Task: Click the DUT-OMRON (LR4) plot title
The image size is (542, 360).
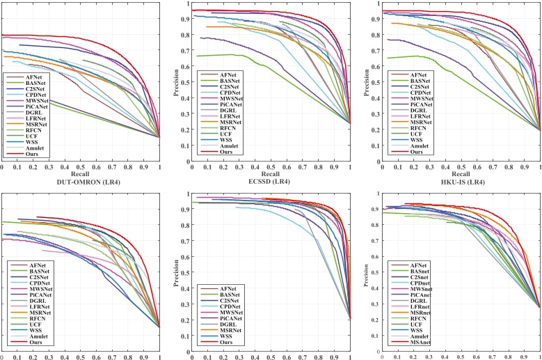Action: click(x=81, y=182)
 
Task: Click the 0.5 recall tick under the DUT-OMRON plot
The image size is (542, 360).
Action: click(x=81, y=167)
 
